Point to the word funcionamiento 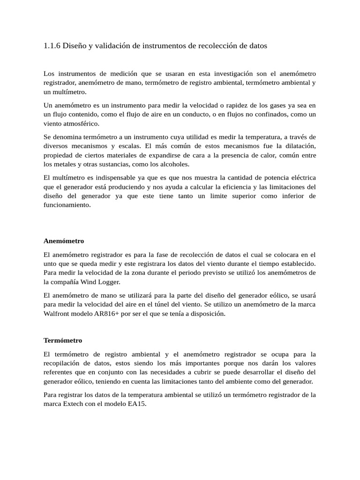(67, 205)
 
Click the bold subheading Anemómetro (64, 241)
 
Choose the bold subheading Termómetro (63, 340)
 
